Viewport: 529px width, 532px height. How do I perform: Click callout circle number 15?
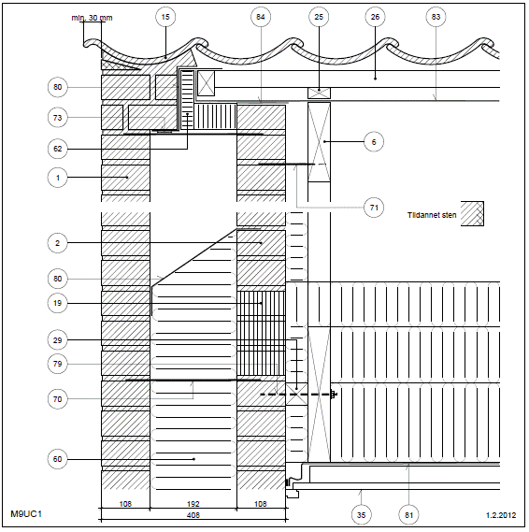[x=165, y=17]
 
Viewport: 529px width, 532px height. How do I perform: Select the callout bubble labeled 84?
[x=261, y=17]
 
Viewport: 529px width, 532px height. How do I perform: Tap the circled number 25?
[x=319, y=17]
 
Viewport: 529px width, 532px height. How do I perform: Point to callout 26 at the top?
[x=375, y=17]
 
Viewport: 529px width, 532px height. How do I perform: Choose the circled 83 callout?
[x=436, y=17]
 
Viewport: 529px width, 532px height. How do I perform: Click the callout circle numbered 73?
[x=57, y=118]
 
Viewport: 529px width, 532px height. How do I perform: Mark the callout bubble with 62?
[x=57, y=149]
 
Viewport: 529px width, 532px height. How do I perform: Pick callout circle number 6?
[x=374, y=142]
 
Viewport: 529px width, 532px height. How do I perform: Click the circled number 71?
[x=374, y=208]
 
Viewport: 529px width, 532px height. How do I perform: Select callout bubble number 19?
[x=57, y=303]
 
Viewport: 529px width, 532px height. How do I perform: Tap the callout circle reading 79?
[x=57, y=364]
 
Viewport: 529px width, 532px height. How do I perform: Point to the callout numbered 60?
[x=57, y=459]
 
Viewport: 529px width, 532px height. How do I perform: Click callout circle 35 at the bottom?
[x=361, y=515]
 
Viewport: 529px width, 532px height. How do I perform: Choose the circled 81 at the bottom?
[x=408, y=515]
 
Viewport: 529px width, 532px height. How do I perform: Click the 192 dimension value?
[x=193, y=504]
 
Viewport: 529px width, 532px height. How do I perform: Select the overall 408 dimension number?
[x=193, y=515]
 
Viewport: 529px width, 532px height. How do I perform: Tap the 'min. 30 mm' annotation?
[x=92, y=18]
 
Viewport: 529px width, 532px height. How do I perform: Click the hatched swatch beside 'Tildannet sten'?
[x=472, y=213]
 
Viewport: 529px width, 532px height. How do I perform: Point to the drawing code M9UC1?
[x=26, y=514]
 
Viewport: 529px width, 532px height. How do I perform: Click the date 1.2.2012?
[x=501, y=515]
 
